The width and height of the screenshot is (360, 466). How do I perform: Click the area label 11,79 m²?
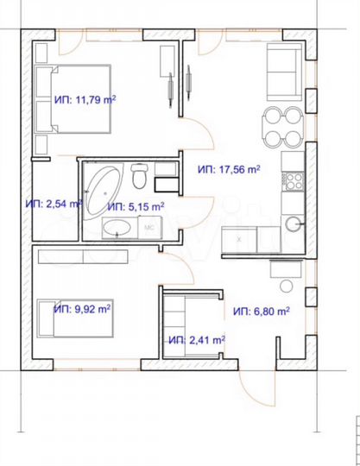pos(85,99)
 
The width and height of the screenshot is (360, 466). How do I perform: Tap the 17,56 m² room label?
pos(228,169)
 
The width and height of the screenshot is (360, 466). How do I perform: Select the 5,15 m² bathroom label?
pos(136,207)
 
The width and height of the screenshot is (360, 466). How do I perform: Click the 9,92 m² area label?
pos(85,307)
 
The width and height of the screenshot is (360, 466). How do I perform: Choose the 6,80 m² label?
pos(260,311)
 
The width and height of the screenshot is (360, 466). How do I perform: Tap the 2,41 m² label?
pos(196,339)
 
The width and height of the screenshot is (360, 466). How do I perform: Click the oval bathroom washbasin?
pos(116,228)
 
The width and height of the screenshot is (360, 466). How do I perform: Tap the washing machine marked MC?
pos(148,228)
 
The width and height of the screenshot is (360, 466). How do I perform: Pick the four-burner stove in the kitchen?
pos(292,180)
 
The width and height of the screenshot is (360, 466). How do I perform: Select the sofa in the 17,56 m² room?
pos(282,72)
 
